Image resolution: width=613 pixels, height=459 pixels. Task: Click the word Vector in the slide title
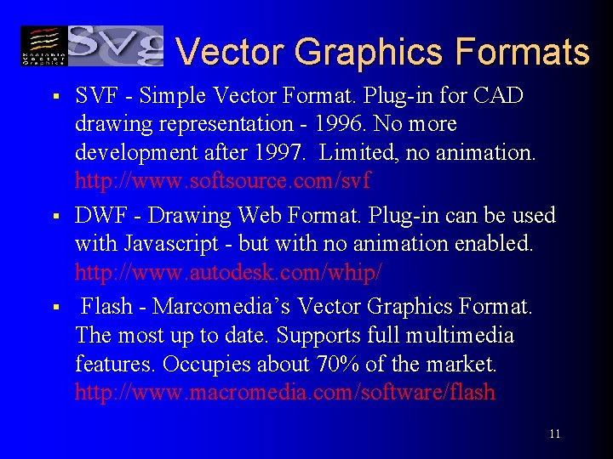coord(226,52)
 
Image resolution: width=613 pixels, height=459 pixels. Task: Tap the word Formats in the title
coord(522,52)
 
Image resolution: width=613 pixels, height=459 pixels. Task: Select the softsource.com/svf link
coord(223,180)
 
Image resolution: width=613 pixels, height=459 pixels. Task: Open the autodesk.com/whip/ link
coord(228,273)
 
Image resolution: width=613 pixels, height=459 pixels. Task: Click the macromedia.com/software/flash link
coord(284,393)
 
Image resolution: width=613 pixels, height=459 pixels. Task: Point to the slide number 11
coord(554,433)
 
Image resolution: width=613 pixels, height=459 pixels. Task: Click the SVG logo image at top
coord(115,45)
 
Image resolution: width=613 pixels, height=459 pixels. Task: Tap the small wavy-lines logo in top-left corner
coord(43,45)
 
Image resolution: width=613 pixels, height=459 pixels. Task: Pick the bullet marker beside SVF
coord(54,95)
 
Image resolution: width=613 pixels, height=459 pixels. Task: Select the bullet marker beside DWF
coord(54,215)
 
